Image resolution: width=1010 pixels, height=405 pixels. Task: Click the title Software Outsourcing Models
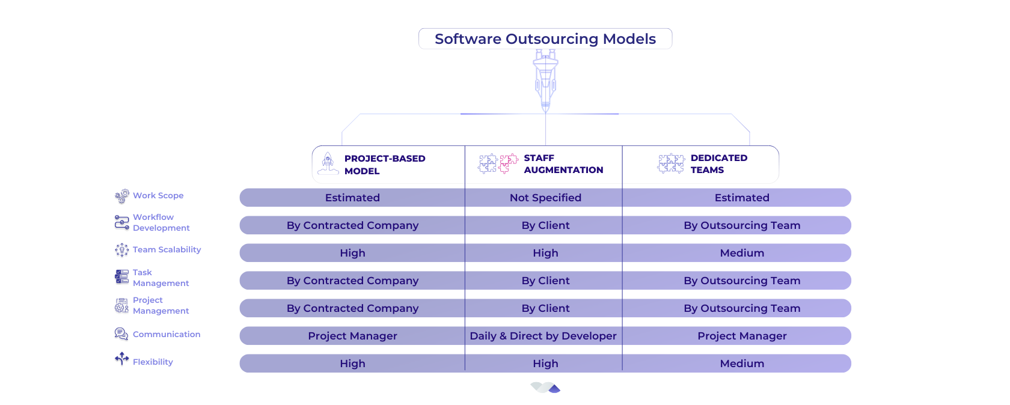coord(545,38)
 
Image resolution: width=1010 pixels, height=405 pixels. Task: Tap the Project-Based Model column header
coord(385,165)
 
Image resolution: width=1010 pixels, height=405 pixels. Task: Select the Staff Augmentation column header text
coord(563,164)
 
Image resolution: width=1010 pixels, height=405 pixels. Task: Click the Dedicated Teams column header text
coord(719,164)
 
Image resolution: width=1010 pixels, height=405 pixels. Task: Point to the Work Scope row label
coord(158,195)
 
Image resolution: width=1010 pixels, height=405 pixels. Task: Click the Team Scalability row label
coord(167,249)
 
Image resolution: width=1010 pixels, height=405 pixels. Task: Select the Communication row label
coord(167,334)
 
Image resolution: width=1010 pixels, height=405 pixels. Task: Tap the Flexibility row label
coord(153,362)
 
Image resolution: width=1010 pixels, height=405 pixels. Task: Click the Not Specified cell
coord(546,198)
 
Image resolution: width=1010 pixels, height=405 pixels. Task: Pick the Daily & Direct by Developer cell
coord(543,336)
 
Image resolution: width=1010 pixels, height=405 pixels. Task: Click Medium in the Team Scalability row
coord(742,253)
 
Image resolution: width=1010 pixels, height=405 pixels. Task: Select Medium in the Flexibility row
coord(742,364)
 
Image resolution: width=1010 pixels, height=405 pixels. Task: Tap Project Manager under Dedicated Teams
coord(742,336)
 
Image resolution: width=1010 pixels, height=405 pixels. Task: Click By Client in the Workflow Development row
coord(546,225)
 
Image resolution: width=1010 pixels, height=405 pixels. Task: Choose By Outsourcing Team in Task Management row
coord(742,281)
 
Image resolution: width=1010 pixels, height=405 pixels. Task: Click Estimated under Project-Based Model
coord(352,198)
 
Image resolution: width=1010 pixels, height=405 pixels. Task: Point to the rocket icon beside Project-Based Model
coord(328,163)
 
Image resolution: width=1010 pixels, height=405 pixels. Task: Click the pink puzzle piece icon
coord(508,163)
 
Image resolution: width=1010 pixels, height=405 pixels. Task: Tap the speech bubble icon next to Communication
coord(121,334)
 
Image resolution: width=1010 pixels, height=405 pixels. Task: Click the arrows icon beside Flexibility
coord(121,359)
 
